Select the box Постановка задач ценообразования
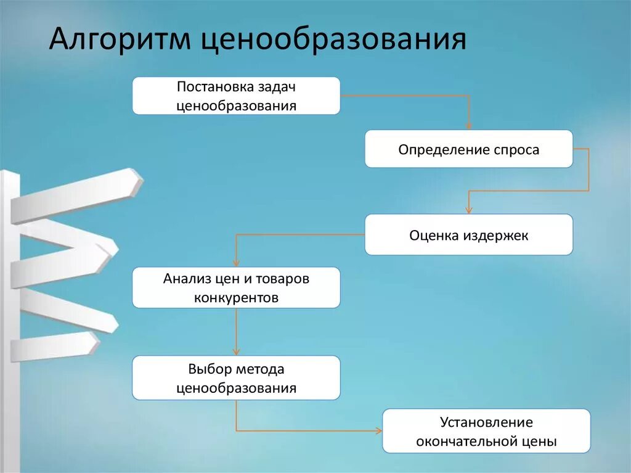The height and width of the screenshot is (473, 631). click(x=236, y=96)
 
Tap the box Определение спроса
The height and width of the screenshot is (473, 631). click(x=468, y=149)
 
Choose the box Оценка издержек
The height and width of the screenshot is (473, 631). click(x=468, y=235)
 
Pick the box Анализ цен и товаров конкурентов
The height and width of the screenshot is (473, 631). click(x=236, y=287)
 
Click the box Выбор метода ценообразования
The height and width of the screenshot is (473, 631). click(x=236, y=378)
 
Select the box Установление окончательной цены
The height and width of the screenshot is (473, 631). click(x=486, y=431)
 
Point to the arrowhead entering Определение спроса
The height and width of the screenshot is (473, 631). click(x=468, y=126)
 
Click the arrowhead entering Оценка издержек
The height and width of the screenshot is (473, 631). click(x=468, y=210)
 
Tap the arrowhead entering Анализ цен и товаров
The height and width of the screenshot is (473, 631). click(x=236, y=263)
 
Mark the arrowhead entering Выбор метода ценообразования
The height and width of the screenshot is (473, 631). click(x=236, y=352)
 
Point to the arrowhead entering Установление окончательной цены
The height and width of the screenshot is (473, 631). click(x=378, y=430)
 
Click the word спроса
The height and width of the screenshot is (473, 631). click(x=516, y=150)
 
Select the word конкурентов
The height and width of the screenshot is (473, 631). click(x=236, y=297)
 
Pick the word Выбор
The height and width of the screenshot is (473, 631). click(x=209, y=369)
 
